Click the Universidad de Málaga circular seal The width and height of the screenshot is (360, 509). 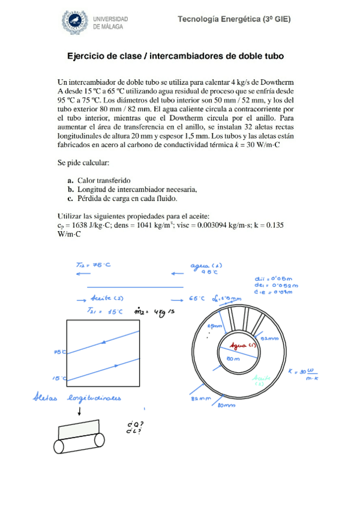[76, 22]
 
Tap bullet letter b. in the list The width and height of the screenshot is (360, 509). [71, 189]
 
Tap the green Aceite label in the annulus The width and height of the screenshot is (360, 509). [260, 380]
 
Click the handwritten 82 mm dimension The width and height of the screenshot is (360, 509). [200, 398]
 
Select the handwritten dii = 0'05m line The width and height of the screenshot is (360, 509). [274, 279]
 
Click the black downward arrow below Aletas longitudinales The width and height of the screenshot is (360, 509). [80, 412]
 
